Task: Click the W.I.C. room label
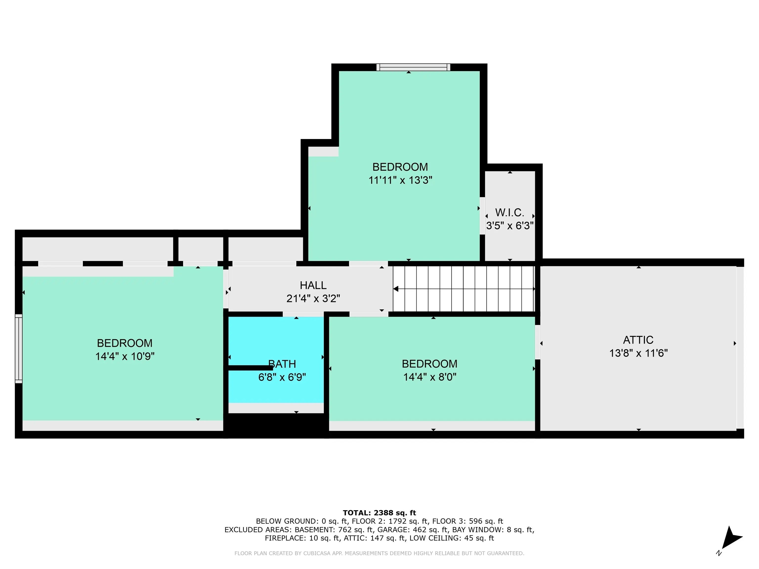pos(509,213)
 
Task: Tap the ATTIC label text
pos(638,340)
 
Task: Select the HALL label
pos(313,285)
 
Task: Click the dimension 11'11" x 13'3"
pos(400,180)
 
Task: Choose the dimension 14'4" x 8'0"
pos(430,377)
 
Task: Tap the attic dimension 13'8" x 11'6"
pos(638,353)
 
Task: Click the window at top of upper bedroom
pos(413,67)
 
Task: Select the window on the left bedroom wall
pos(19,348)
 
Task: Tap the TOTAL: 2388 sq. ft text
pos(379,513)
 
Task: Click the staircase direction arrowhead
pos(396,289)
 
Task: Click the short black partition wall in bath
pos(251,368)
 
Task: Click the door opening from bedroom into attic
pos(538,342)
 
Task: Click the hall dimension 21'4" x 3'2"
pos(313,298)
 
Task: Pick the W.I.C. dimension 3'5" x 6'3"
pos(509,226)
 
